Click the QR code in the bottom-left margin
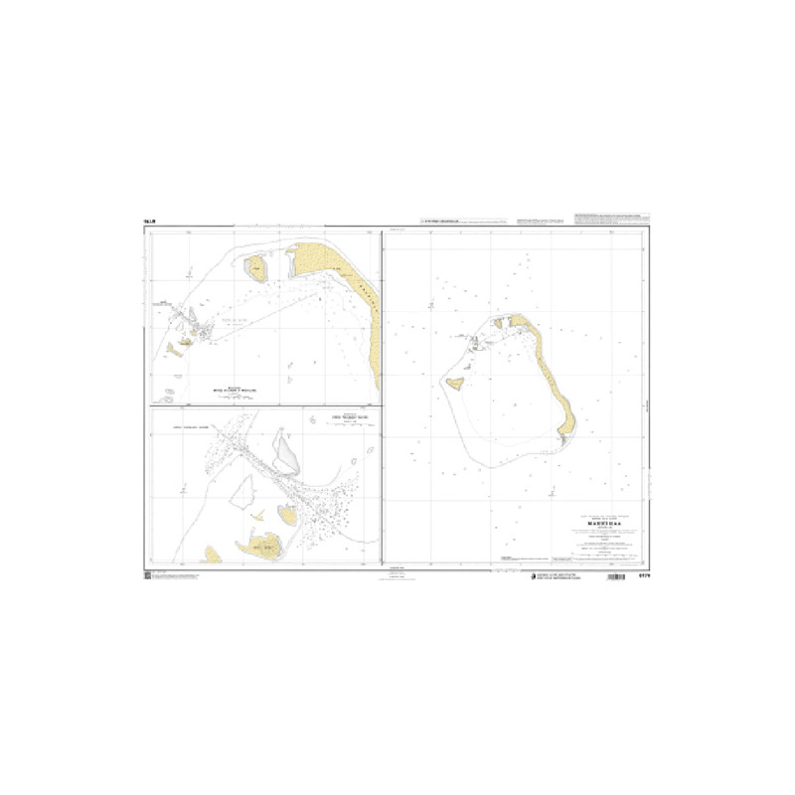(x=147, y=575)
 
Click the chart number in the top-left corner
(x=150, y=221)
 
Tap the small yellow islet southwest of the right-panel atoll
(x=457, y=382)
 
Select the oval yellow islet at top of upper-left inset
(x=255, y=266)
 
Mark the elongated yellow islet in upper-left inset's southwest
(x=180, y=347)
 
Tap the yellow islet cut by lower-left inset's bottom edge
(x=212, y=556)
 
